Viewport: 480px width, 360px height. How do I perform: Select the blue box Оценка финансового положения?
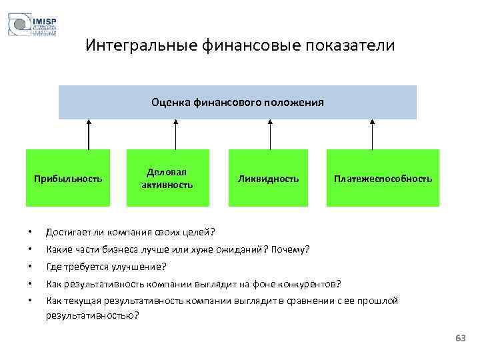tap(237, 102)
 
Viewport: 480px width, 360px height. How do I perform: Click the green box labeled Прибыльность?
tap(69, 178)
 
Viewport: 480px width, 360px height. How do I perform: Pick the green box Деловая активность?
tap(167, 178)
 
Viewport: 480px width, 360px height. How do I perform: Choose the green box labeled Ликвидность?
tap(269, 178)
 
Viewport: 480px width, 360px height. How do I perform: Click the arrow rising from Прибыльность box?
tap(89, 134)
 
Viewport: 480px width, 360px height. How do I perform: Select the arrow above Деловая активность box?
tap(175, 134)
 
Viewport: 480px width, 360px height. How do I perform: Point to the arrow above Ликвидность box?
tap(270, 134)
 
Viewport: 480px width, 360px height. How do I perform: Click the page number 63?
tap(460, 339)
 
